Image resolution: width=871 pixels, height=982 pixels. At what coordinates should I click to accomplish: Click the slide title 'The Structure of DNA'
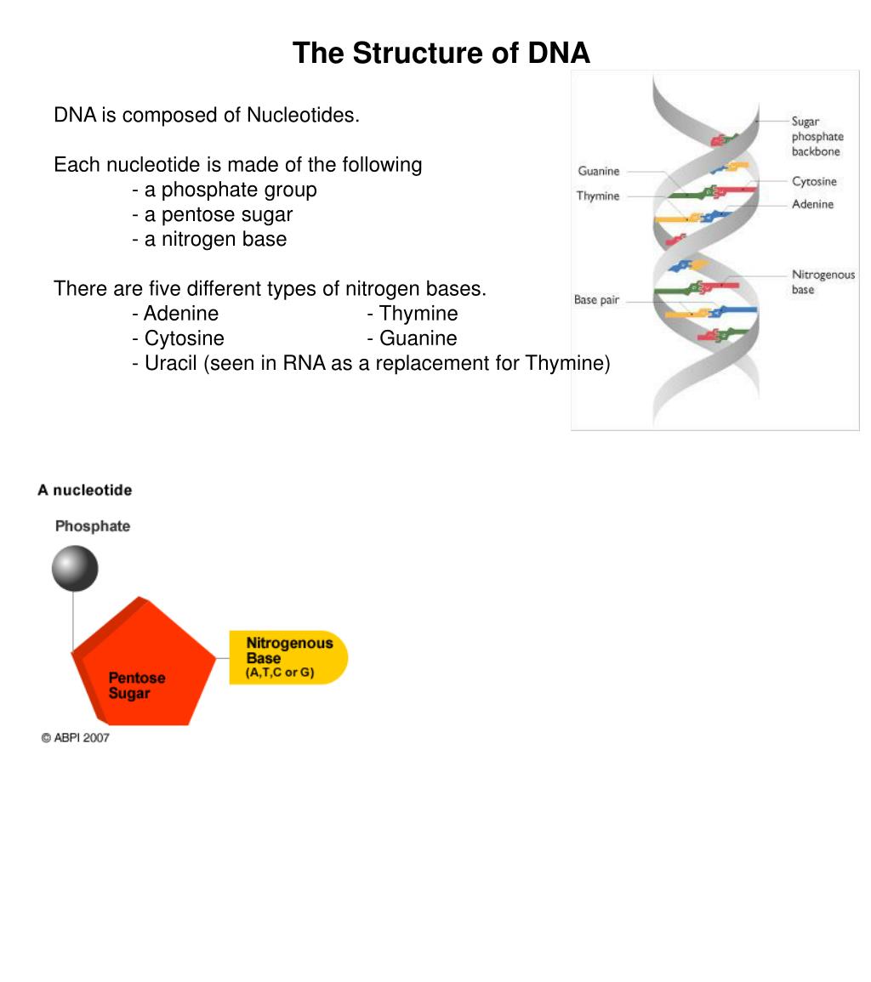[441, 54]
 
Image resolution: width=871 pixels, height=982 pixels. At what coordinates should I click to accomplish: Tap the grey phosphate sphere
[75, 569]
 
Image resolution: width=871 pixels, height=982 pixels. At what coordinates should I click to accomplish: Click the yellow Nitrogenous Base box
[288, 657]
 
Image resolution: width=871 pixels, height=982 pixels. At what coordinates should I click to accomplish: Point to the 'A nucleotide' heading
[84, 491]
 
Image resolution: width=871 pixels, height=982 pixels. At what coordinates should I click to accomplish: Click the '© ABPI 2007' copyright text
[76, 738]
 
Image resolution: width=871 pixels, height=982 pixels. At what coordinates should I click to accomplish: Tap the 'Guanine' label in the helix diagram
[599, 171]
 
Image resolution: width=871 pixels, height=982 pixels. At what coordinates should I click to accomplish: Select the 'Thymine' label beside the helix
[598, 196]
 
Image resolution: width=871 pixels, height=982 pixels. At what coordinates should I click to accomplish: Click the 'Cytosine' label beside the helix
[814, 181]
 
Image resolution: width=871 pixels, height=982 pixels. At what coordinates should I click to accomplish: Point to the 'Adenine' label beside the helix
[812, 204]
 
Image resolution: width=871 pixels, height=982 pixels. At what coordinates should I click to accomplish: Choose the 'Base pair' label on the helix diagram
[596, 300]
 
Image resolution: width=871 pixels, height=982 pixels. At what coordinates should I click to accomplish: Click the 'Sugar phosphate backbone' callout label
[817, 137]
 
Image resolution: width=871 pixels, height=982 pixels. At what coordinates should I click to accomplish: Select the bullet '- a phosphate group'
[225, 190]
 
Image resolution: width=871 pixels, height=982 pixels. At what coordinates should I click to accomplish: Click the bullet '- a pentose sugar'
[213, 214]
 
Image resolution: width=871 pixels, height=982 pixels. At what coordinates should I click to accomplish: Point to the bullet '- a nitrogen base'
[209, 239]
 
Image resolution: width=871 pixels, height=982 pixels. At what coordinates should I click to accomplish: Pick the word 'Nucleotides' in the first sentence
[303, 115]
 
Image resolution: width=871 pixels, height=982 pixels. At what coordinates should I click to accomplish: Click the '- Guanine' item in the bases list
[413, 338]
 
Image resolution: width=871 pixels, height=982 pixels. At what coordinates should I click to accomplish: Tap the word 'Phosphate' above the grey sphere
[93, 526]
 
